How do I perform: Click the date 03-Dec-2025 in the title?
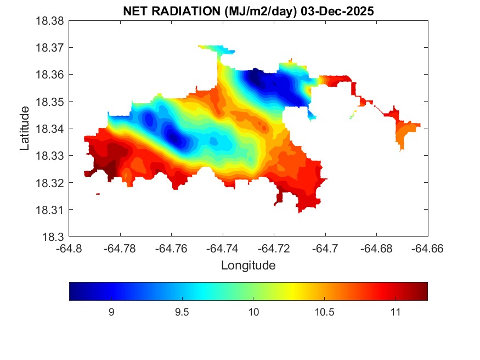click(x=337, y=12)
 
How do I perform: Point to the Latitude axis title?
click(x=25, y=129)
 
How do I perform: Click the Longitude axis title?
click(x=248, y=266)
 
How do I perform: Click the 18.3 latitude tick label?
click(x=54, y=237)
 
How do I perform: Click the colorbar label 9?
click(x=111, y=312)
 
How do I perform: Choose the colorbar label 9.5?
click(x=182, y=312)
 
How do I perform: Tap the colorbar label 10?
click(x=252, y=312)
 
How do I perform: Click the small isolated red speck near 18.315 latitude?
click(x=98, y=194)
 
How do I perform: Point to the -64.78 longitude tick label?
click(x=120, y=248)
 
